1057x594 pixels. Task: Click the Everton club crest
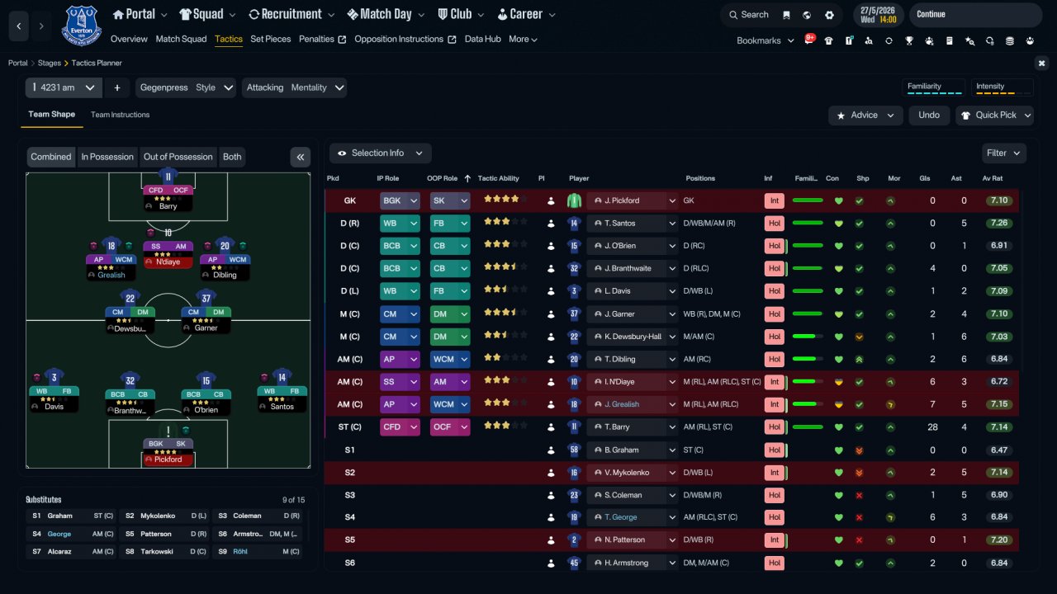pos(81,26)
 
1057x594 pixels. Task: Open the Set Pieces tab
pos(270,39)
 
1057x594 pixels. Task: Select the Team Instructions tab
pos(120,115)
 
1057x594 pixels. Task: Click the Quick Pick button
pos(995,115)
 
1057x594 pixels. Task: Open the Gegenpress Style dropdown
pos(187,87)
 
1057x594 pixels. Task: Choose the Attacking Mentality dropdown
pos(295,87)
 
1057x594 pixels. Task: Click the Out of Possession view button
pos(178,157)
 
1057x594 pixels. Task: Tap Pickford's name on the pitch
pos(168,460)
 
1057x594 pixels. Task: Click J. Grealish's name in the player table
pos(622,404)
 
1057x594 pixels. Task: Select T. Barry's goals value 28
pos(932,427)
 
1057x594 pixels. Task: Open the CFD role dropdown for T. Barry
pos(400,427)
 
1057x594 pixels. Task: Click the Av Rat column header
pos(993,178)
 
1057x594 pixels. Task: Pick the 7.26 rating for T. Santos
pos(999,223)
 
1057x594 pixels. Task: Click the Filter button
pos(1003,153)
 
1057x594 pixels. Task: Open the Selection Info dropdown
pos(381,153)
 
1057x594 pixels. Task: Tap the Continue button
pos(975,14)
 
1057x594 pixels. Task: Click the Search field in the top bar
pos(749,15)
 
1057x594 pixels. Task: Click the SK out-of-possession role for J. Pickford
pos(450,200)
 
